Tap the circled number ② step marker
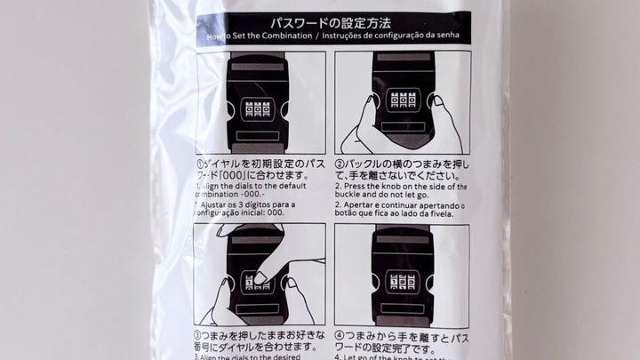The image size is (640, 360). point(339,164)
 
